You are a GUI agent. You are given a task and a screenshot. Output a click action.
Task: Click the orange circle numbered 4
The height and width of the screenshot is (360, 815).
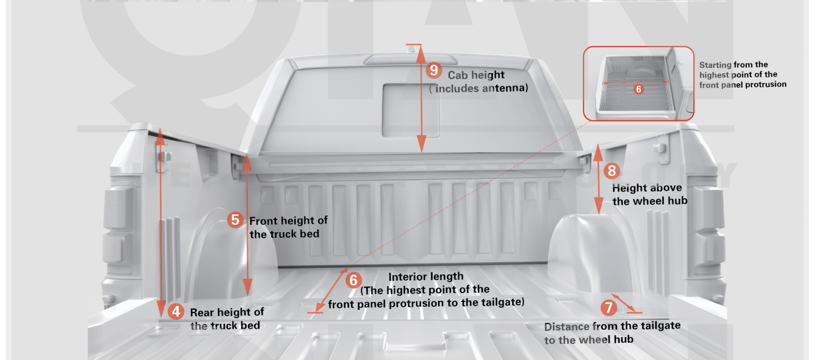click(176, 311)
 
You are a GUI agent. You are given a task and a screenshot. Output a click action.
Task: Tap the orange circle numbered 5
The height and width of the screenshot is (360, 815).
click(236, 220)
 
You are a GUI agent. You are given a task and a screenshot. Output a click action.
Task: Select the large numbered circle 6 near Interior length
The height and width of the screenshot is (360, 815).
click(353, 280)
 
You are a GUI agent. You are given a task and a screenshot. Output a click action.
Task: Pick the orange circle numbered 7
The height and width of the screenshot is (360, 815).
click(608, 308)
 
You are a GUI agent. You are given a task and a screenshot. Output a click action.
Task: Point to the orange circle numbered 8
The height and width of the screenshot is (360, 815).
click(612, 171)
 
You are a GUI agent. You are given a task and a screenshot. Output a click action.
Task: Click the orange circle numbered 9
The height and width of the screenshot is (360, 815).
click(434, 70)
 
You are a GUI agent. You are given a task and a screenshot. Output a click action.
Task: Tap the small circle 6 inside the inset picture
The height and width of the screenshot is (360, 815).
click(639, 89)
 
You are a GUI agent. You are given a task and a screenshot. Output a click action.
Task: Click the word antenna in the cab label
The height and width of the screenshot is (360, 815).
click(505, 88)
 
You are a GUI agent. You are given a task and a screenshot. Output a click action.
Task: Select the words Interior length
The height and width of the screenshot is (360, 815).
click(426, 277)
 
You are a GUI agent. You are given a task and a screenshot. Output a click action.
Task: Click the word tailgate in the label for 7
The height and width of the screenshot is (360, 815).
click(660, 325)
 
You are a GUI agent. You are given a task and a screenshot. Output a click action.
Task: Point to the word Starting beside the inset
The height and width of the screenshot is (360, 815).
click(715, 65)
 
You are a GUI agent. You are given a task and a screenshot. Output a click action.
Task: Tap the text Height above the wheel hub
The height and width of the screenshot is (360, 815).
click(650, 194)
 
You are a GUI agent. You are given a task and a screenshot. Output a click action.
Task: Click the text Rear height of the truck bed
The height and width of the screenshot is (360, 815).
click(227, 319)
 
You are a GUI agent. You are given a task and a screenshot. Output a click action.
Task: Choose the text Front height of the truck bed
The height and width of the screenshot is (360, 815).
click(289, 227)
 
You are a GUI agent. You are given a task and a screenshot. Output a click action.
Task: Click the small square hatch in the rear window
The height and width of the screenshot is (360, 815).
click(411, 111)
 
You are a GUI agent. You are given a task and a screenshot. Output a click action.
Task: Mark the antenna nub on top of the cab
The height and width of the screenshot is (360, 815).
click(411, 49)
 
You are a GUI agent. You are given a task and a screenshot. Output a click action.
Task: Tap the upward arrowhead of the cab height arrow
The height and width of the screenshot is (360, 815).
click(421, 54)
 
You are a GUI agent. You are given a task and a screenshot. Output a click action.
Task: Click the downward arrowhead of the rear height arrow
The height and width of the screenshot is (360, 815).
click(161, 309)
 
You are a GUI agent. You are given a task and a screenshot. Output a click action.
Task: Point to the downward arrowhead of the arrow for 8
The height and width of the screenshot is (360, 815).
click(598, 205)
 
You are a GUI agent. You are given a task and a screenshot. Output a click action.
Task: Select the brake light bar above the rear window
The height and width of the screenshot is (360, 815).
click(411, 59)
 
